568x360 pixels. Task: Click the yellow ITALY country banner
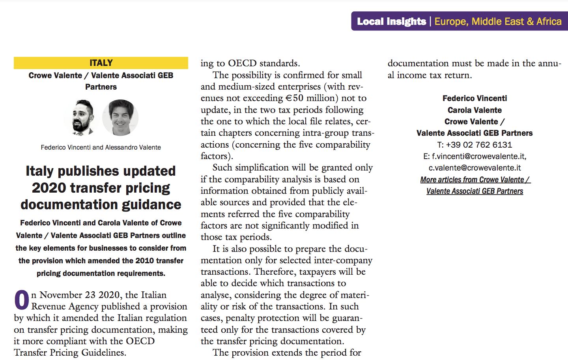click(x=101, y=63)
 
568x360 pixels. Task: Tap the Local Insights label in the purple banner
click(x=391, y=21)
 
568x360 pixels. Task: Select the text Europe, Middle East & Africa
click(x=498, y=21)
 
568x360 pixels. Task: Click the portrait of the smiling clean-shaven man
click(x=120, y=117)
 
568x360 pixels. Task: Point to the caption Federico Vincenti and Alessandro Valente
click(x=101, y=147)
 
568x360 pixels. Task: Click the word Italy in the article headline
click(x=39, y=171)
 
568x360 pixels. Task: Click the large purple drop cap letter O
click(x=22, y=300)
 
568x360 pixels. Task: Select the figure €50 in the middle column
click(x=294, y=98)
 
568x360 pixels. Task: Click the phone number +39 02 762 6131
click(x=479, y=145)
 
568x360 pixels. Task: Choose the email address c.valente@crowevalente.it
click(x=475, y=168)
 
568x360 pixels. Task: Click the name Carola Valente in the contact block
click(x=475, y=110)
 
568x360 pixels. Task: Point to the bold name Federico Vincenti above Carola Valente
click(x=475, y=98)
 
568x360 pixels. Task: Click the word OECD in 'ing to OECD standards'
click(x=242, y=63)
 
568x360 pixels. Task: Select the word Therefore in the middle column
click(x=275, y=272)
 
